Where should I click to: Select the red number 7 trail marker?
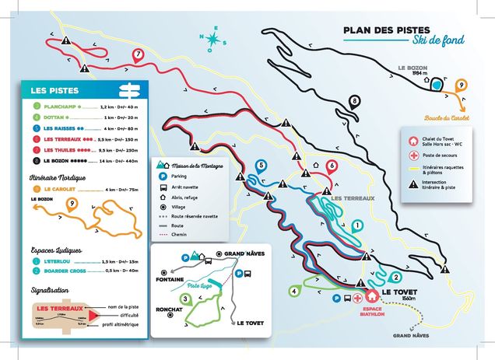click(x=138, y=54)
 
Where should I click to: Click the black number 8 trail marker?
click(x=355, y=101)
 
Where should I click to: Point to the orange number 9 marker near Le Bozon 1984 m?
click(x=462, y=84)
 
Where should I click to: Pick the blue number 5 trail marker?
click(x=261, y=165)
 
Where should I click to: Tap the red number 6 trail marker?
click(x=332, y=165)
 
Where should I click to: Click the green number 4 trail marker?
click(x=294, y=291)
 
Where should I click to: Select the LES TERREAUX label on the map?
click(x=353, y=197)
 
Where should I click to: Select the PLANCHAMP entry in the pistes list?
click(x=66, y=106)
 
